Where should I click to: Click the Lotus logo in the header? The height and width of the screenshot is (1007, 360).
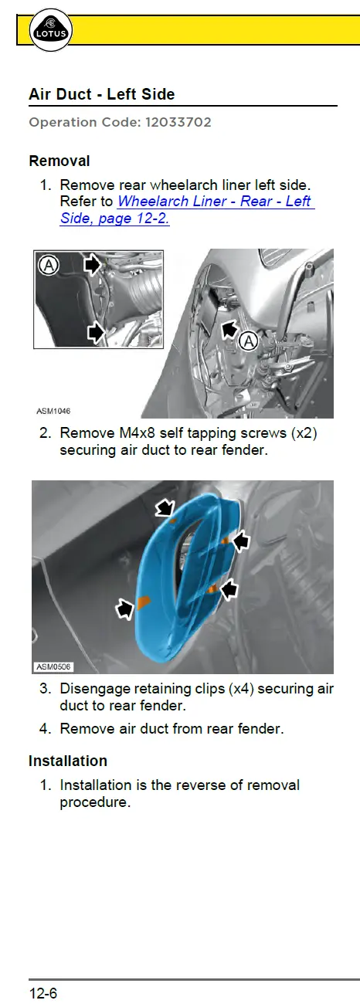(x=50, y=30)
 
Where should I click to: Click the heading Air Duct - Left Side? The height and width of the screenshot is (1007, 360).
(x=102, y=94)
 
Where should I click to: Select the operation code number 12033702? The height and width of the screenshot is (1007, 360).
(x=178, y=122)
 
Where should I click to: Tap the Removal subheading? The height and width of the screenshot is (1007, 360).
(x=59, y=161)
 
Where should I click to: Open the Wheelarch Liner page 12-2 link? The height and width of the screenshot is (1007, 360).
(x=187, y=209)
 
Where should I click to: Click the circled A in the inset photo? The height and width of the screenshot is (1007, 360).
(x=49, y=266)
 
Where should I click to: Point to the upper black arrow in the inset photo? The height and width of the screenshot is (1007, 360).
(x=93, y=265)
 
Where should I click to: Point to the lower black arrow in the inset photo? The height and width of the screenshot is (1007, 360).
(x=95, y=333)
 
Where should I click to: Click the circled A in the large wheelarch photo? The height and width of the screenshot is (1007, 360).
(x=249, y=341)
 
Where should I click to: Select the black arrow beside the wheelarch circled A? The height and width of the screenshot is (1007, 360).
(x=230, y=329)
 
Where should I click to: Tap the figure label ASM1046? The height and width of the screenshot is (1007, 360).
(x=53, y=411)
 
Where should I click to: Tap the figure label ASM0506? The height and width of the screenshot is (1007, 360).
(x=53, y=666)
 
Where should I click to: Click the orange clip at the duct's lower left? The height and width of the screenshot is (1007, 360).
(x=143, y=602)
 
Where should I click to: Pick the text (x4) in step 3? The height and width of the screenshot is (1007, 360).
(x=241, y=689)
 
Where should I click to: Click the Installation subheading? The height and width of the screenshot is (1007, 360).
(x=68, y=761)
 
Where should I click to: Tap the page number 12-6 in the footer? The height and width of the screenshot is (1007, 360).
(x=43, y=992)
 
